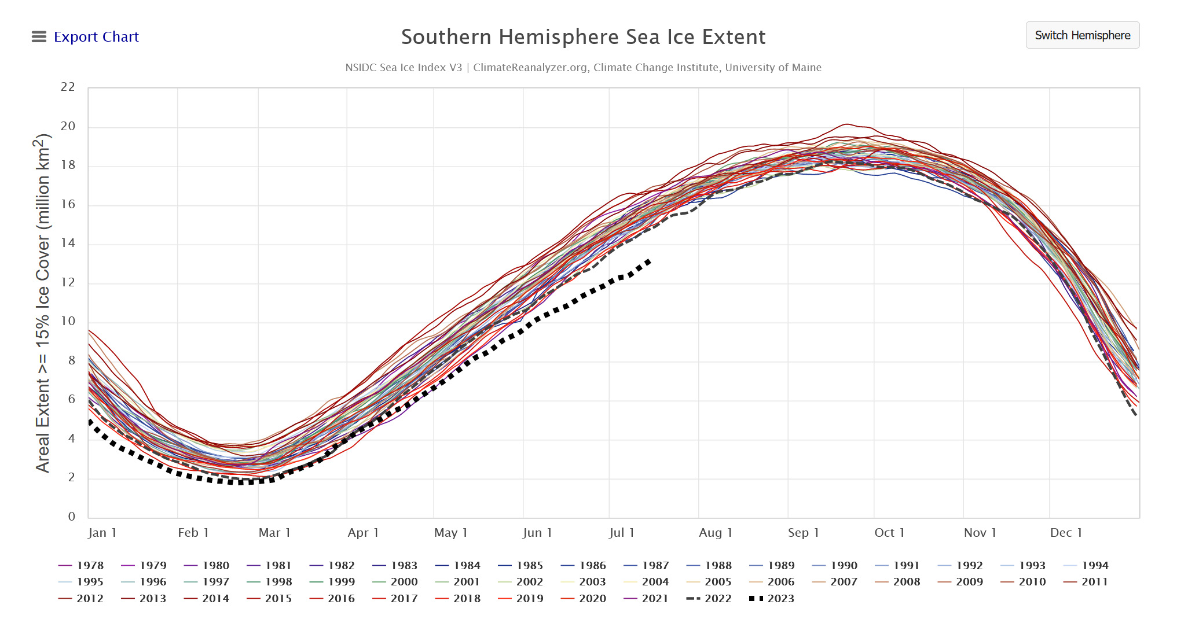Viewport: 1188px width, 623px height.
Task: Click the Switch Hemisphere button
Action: [1082, 35]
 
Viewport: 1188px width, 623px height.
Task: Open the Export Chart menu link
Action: [96, 37]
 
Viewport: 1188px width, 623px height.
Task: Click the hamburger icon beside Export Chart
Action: [39, 37]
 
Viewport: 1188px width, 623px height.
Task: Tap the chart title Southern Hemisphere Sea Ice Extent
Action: [583, 37]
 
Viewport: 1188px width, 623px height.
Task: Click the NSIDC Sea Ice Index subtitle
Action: [583, 68]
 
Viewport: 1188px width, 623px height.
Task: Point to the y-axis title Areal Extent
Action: [43, 303]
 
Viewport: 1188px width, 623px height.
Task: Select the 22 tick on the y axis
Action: [68, 87]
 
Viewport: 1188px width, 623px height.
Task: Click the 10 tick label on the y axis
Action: [68, 321]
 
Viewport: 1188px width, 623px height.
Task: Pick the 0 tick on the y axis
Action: [72, 516]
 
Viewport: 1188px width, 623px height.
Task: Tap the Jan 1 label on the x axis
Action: [102, 533]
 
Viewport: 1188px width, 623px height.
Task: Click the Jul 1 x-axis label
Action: [622, 533]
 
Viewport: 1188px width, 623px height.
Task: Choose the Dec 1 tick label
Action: [1066, 533]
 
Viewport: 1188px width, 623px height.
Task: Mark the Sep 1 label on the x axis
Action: [804, 533]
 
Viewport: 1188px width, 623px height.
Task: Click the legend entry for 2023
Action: [771, 599]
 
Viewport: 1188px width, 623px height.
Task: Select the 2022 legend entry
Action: [709, 599]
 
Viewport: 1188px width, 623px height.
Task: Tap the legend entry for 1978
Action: [81, 566]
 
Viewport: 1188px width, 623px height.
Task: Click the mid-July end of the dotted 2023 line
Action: [650, 261]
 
